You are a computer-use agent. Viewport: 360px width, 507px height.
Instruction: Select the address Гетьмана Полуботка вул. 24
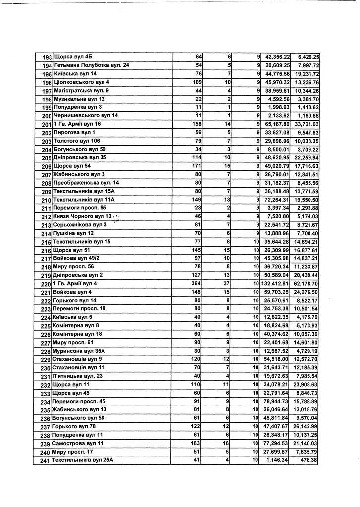tap(92, 65)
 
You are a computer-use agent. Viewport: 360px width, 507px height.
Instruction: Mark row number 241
tap(46, 461)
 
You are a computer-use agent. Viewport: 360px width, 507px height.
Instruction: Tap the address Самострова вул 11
tap(79, 443)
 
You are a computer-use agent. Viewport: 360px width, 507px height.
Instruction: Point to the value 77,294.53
tap(277, 443)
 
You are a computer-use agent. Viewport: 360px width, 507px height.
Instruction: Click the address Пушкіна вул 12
tap(73, 233)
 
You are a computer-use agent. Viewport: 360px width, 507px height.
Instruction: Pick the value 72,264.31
tap(277, 199)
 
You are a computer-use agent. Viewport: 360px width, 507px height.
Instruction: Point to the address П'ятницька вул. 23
tap(78, 376)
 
